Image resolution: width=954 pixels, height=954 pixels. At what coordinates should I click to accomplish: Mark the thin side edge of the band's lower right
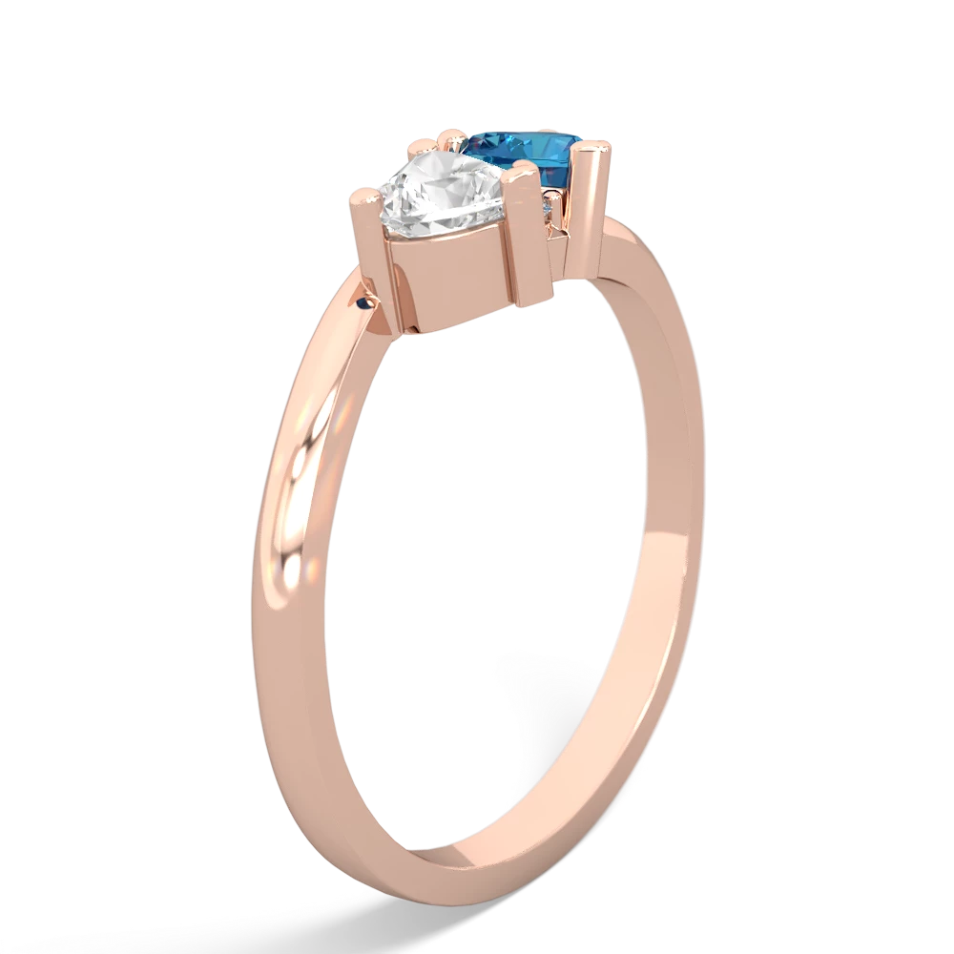tap(630, 744)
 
